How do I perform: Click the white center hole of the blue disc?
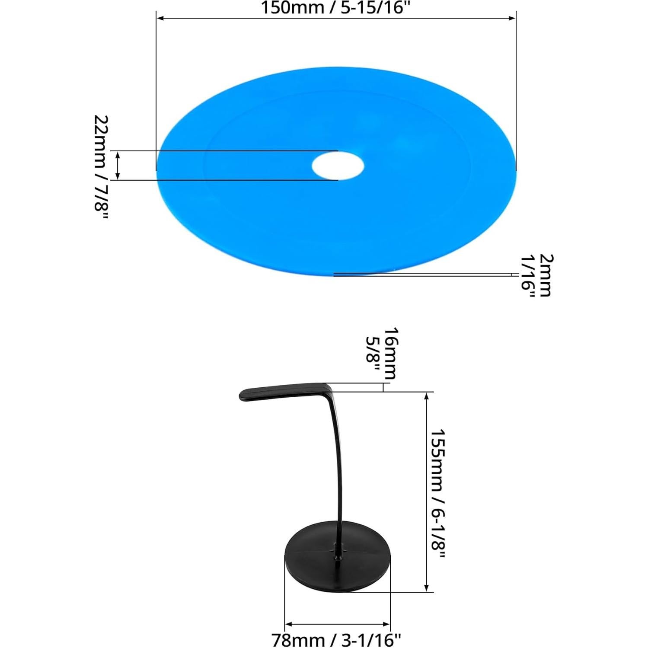point(338,165)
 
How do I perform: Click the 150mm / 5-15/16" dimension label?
point(335,8)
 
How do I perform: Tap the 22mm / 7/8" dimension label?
point(101,169)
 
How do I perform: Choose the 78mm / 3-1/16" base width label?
point(336,639)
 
